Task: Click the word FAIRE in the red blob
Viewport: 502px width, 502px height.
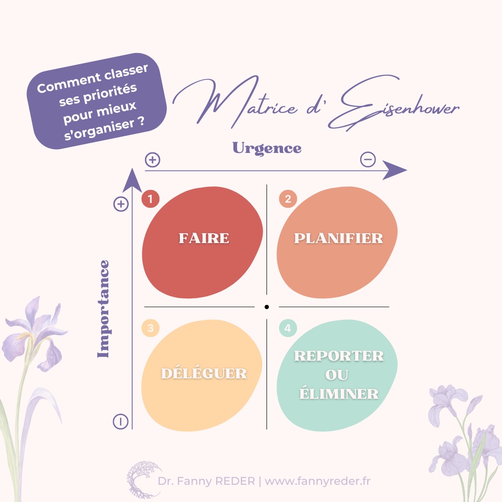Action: [x=204, y=238]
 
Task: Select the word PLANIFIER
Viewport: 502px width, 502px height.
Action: [x=338, y=238]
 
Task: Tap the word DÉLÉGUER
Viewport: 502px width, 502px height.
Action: [x=204, y=373]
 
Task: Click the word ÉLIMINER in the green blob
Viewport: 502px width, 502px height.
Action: [x=338, y=394]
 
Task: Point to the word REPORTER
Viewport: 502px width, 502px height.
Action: [x=339, y=356]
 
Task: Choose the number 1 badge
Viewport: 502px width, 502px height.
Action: [x=150, y=199]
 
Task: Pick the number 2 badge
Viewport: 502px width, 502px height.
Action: [x=288, y=199]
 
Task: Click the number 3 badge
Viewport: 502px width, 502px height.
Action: [x=150, y=328]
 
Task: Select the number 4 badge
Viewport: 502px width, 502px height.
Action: [x=288, y=328]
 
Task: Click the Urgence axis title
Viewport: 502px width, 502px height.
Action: [x=267, y=148]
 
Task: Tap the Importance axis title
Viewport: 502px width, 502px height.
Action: [x=103, y=309]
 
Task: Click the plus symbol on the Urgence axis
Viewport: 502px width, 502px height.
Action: [x=152, y=160]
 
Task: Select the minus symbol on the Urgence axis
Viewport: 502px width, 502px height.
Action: [x=368, y=160]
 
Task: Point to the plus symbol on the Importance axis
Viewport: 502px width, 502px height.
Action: [x=121, y=204]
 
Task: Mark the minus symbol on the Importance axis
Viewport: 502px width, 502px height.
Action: [x=120, y=422]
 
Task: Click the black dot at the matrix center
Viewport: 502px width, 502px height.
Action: [x=267, y=307]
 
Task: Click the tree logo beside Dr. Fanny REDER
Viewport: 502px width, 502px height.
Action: [x=140, y=479]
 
